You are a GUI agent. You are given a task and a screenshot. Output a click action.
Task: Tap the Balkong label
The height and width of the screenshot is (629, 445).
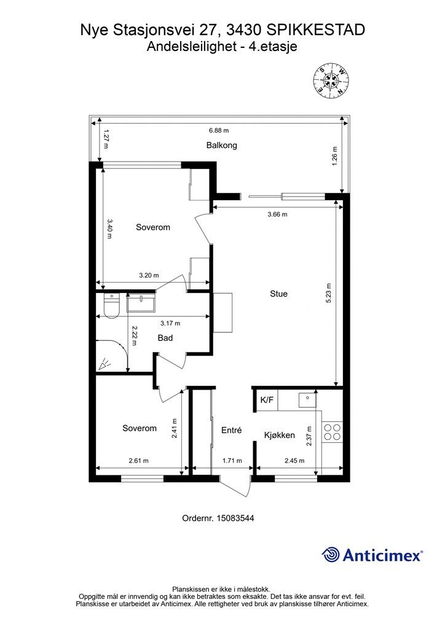point(221,145)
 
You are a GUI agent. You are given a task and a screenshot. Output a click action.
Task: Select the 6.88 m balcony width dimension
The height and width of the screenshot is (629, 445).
point(219,130)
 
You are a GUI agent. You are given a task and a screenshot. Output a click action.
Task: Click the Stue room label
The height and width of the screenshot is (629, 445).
point(278,294)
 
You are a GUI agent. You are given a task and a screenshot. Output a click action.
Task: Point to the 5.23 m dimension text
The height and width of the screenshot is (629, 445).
point(329,293)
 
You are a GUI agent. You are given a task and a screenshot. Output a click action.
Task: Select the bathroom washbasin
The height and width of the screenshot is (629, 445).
point(141,302)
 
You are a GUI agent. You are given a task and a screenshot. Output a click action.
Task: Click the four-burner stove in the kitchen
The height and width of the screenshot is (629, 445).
point(333,432)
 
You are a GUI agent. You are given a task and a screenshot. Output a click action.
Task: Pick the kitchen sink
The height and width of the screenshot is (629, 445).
point(307,399)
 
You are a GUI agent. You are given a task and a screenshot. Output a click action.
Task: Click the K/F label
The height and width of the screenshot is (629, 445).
point(267,399)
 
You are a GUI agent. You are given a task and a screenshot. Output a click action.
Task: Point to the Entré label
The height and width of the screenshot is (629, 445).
point(232,430)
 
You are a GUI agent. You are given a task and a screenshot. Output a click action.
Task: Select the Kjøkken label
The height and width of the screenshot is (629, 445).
point(279,436)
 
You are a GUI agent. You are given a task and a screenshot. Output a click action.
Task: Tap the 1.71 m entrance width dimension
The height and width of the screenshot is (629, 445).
point(232,461)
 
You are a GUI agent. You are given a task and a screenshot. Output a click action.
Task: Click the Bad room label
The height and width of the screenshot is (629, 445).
point(165,338)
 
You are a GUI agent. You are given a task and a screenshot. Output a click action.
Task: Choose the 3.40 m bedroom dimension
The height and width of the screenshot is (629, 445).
point(109,229)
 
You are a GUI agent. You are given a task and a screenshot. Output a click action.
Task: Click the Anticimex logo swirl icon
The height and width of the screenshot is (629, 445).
point(331,555)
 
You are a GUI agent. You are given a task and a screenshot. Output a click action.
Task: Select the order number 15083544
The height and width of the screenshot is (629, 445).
point(235,518)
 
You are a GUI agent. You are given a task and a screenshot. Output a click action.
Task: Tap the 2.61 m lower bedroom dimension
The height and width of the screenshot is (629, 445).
point(138,461)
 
